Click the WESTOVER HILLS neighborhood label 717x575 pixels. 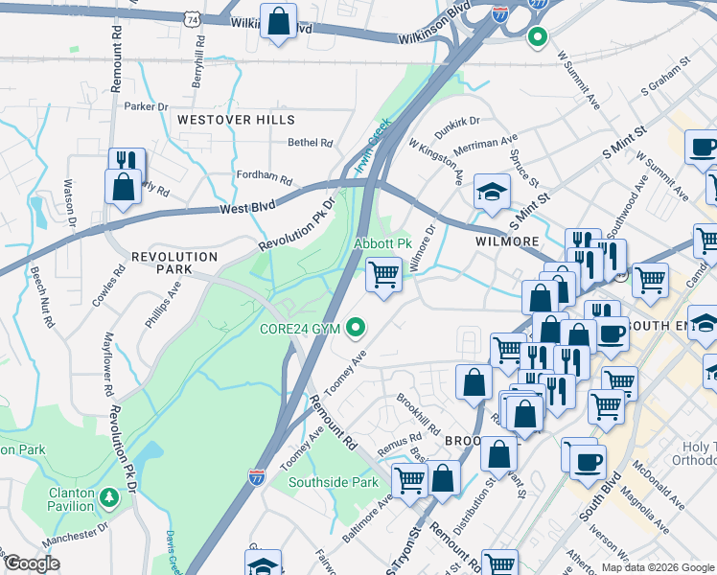click(236, 120)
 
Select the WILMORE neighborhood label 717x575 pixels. click(507, 241)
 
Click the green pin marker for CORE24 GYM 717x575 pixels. click(358, 329)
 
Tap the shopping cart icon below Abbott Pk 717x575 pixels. click(384, 275)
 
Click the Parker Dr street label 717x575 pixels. click(146, 106)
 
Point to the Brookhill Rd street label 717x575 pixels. click(418, 413)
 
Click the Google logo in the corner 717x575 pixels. click(33, 563)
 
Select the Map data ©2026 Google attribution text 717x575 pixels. click(657, 567)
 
